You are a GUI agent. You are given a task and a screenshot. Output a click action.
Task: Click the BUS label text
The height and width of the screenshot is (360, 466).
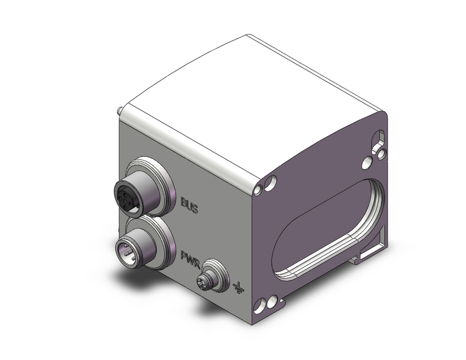click(x=189, y=205)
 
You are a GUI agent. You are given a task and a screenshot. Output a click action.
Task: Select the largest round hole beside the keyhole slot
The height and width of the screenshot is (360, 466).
click(x=367, y=163)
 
